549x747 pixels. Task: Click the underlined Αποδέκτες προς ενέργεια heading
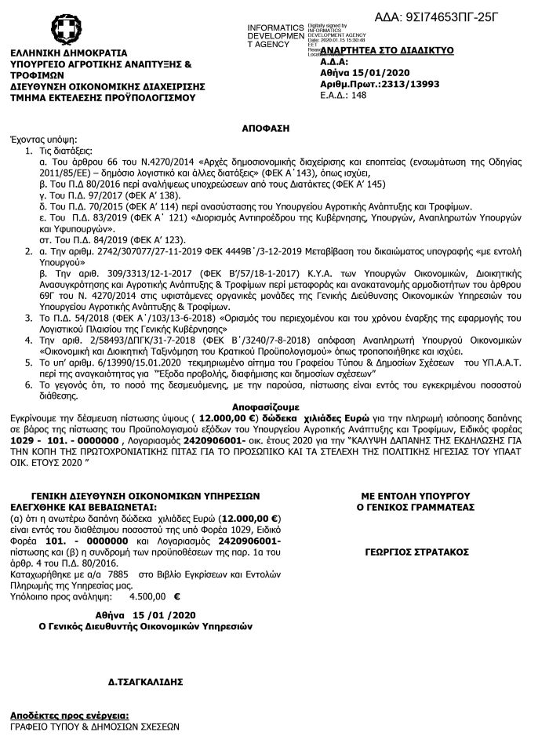pyautogui.click(x=69, y=716)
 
